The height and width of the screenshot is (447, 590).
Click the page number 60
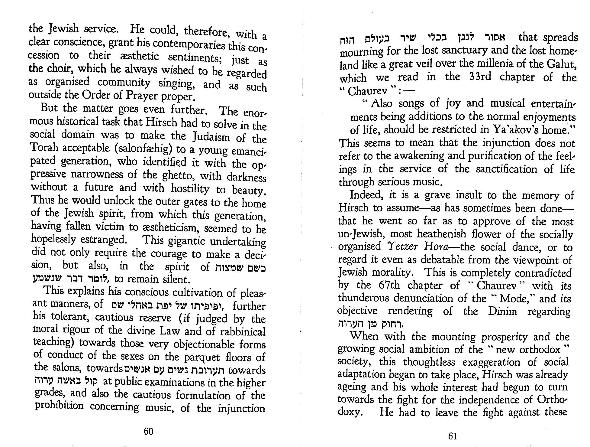pyautogui.click(x=148, y=431)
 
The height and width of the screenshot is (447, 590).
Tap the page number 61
pyautogui.click(x=452, y=436)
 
